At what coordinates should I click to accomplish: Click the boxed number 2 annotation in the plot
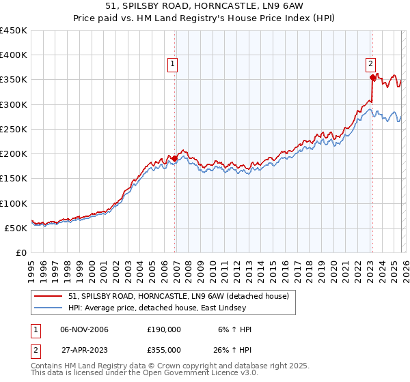click(370, 64)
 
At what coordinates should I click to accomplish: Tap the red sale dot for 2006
click(174, 158)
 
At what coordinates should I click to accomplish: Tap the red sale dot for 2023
click(373, 77)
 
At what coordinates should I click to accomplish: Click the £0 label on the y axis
click(20, 252)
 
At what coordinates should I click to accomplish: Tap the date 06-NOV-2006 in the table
click(84, 329)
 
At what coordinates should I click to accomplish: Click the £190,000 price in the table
click(164, 329)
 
